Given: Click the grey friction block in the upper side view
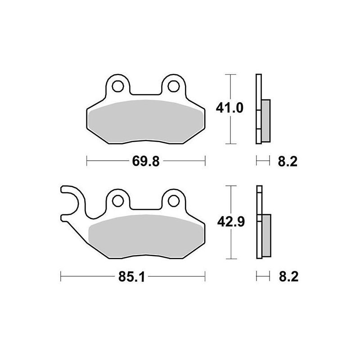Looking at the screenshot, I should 265,120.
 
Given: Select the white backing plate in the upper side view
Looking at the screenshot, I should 258,90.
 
